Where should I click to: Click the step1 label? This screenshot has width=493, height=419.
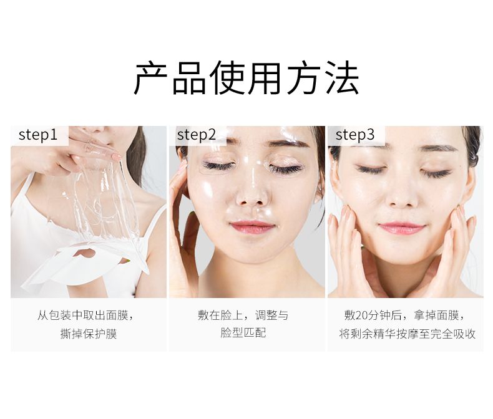(x=38, y=135)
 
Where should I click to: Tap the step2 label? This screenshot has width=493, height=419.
(x=197, y=135)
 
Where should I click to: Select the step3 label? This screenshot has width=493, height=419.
(x=355, y=135)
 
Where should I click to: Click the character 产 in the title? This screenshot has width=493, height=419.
(x=150, y=78)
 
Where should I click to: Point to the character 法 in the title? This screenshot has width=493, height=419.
(x=341, y=78)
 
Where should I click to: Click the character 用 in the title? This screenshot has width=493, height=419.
(x=265, y=78)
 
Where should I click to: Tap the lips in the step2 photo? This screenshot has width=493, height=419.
(x=252, y=227)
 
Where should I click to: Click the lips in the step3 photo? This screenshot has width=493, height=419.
(x=401, y=228)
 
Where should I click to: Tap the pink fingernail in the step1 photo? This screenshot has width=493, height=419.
(x=116, y=157)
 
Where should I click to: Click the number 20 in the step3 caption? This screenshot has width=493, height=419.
(x=361, y=315)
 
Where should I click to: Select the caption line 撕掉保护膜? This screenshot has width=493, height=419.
(x=89, y=334)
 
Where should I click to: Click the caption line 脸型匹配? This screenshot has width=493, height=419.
(x=243, y=332)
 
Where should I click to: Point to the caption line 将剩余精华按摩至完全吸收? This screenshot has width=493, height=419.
(x=407, y=334)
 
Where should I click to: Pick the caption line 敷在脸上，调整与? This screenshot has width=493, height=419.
(x=243, y=315)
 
